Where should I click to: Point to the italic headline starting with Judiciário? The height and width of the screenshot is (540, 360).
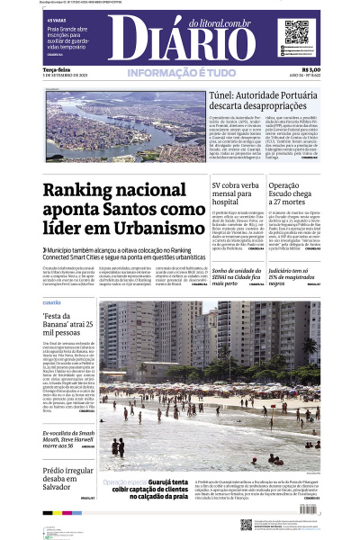pyautogui.click(x=292, y=275)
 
